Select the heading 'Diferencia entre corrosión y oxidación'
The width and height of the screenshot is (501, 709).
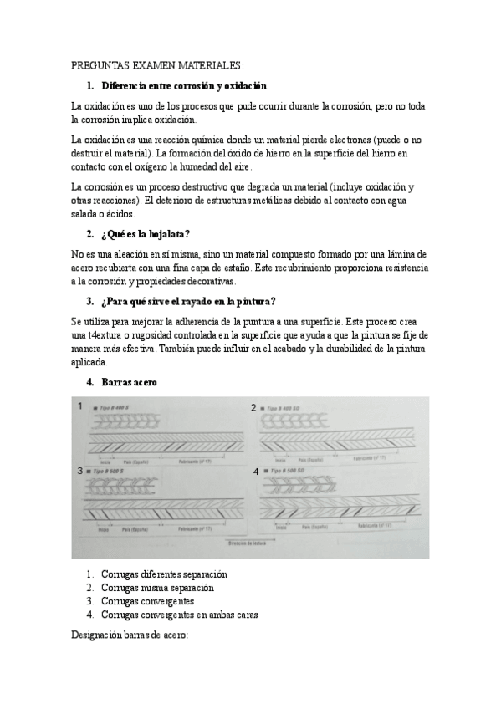click(183, 85)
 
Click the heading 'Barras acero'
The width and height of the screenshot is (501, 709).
click(130, 382)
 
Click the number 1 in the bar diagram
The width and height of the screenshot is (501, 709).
click(80, 406)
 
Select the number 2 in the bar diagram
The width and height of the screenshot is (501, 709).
click(253, 407)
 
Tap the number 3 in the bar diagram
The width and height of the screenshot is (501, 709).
click(80, 472)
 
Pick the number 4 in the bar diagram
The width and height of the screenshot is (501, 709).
click(256, 472)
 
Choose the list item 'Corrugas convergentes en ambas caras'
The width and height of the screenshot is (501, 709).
click(179, 615)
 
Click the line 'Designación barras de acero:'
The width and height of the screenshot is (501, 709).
click(130, 635)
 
